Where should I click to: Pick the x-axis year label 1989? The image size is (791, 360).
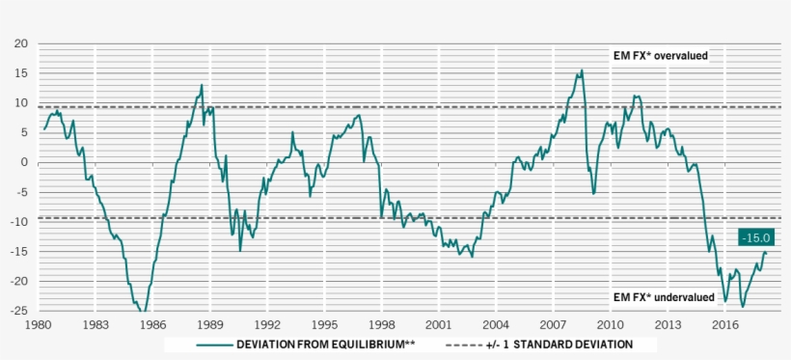[211, 325]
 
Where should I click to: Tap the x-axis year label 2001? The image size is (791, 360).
[439, 325]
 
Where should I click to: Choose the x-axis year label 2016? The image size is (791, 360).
[724, 325]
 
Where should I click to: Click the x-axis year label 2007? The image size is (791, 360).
[553, 325]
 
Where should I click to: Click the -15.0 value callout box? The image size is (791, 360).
[756, 237]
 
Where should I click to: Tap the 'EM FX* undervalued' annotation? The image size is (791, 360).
[664, 297]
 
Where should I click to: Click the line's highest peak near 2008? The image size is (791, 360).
[581, 70]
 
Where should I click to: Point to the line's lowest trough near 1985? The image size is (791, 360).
[143, 312]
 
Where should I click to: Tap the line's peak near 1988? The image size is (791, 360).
[202, 85]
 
